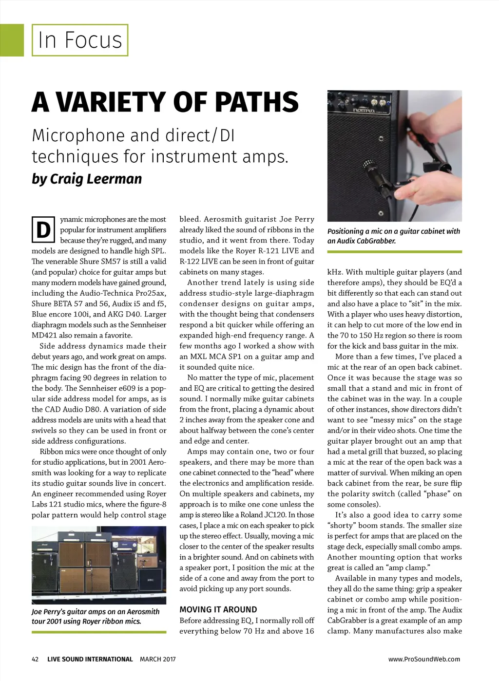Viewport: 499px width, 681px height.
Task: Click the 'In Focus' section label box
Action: [x=80, y=40]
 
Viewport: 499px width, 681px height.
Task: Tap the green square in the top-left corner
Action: [x=12, y=40]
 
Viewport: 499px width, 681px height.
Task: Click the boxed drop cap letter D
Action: [x=43, y=230]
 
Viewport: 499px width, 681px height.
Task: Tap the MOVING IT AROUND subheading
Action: [x=218, y=609]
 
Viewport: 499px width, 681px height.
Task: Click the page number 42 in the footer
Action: [x=35, y=659]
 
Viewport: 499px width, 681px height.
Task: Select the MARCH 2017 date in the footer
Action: [x=157, y=659]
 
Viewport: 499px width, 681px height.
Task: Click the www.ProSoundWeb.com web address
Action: [x=424, y=659]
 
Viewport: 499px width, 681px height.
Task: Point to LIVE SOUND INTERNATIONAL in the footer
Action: [x=90, y=659]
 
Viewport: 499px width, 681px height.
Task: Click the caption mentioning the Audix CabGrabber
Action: [x=394, y=236]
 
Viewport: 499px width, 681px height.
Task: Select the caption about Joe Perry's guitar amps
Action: [x=96, y=616]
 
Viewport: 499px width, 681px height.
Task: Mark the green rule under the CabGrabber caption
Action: [x=394, y=252]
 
